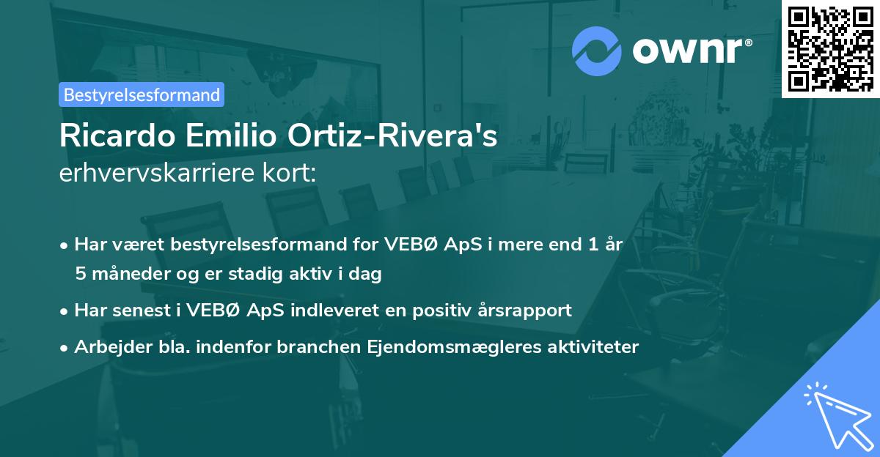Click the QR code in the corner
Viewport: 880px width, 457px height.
pyautogui.click(x=830, y=48)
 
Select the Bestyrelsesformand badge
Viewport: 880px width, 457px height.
pyautogui.click(x=142, y=94)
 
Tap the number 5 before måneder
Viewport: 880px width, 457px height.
pyautogui.click(x=80, y=275)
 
